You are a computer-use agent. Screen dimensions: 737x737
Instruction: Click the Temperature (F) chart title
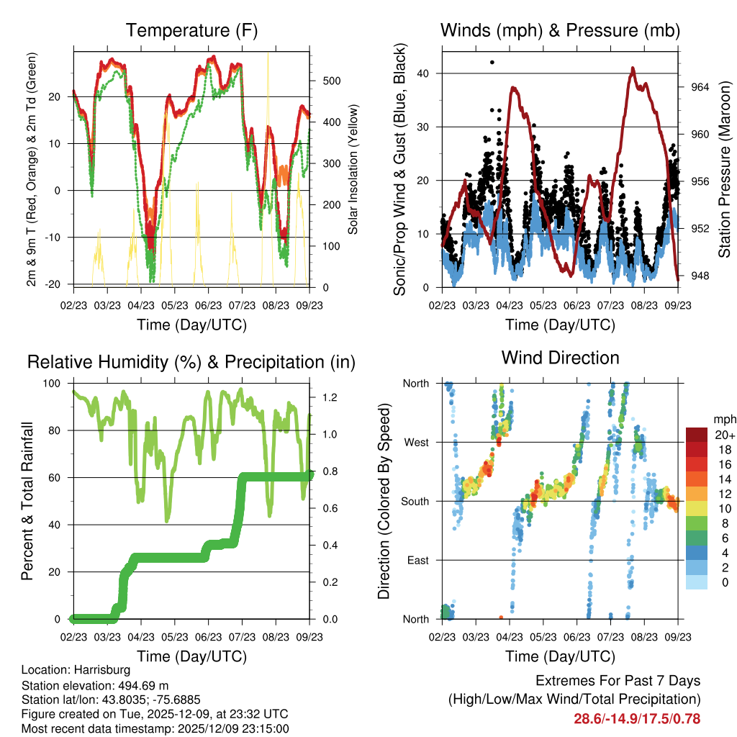click(x=191, y=31)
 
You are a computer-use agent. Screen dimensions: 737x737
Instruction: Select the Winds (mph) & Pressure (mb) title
click(x=560, y=31)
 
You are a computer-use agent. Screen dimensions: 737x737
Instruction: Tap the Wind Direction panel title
click(x=560, y=357)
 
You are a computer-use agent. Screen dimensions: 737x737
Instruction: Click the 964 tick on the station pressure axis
click(x=700, y=87)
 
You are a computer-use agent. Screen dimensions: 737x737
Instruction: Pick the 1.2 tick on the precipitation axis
click(x=322, y=397)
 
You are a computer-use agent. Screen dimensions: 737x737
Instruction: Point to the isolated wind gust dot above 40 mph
click(x=492, y=63)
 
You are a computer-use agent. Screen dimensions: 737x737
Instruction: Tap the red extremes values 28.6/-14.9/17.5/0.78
click(x=636, y=718)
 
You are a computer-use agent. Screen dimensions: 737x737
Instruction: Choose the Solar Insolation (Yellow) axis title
click(x=353, y=170)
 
